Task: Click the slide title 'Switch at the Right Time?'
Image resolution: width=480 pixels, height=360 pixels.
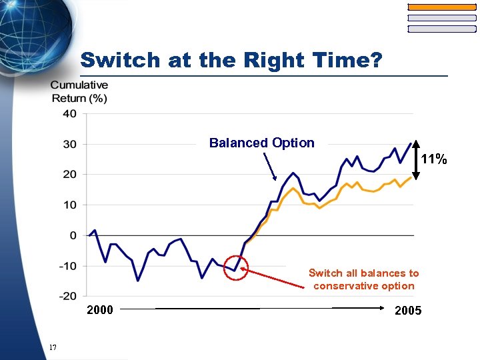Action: (x=231, y=61)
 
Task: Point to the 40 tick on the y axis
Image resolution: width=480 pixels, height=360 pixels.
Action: (x=70, y=114)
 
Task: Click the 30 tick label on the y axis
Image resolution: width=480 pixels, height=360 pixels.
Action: (x=70, y=144)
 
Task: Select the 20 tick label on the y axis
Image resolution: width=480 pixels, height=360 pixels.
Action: (x=70, y=175)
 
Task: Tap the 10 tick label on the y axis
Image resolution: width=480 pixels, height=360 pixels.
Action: (x=70, y=205)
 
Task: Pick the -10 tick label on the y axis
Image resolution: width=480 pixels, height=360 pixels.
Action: (x=67, y=266)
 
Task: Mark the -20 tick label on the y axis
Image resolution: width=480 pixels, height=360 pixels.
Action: (x=67, y=296)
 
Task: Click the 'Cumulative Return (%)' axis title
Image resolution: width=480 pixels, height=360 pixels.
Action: (x=79, y=91)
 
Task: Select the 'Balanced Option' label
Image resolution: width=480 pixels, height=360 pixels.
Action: (x=261, y=143)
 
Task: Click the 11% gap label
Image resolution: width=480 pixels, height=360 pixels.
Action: (x=434, y=159)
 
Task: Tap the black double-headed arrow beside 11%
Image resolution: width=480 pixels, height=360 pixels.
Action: (x=415, y=160)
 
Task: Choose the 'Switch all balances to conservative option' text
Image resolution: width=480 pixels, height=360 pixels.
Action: (x=363, y=279)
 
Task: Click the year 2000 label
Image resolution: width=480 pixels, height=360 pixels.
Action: (x=100, y=309)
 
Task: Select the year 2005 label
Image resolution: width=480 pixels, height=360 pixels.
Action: (x=408, y=311)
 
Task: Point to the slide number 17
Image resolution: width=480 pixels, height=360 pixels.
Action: (x=53, y=347)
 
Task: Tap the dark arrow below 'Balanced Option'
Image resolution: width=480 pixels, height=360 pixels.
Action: (x=270, y=167)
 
